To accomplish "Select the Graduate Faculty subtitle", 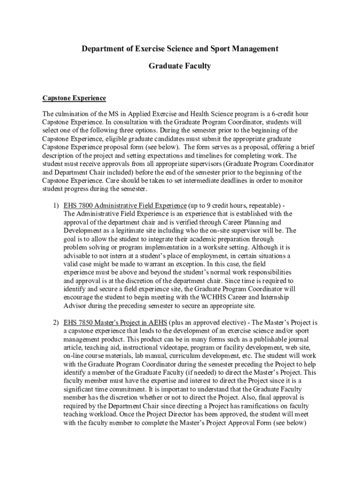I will coord(180,66).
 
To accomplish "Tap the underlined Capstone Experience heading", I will coord(74,98).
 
